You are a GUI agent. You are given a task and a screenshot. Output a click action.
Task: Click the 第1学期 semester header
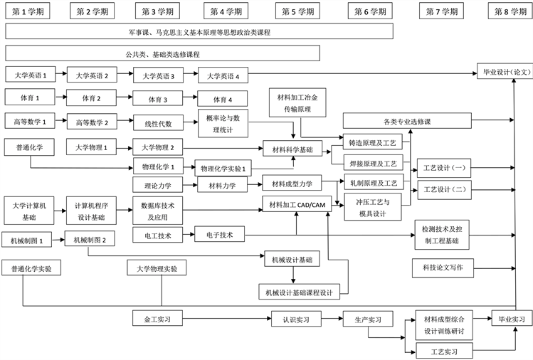(x=29, y=11)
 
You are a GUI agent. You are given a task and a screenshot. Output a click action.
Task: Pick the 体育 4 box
(x=223, y=99)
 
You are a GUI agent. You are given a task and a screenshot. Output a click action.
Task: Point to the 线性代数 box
(x=158, y=123)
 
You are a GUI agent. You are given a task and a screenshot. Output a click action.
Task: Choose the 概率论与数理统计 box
(x=223, y=123)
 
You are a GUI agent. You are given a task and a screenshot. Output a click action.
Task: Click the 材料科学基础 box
(x=292, y=149)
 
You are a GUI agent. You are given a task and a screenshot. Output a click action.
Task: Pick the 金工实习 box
(x=157, y=318)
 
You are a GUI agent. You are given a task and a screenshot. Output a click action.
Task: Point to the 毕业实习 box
(x=511, y=319)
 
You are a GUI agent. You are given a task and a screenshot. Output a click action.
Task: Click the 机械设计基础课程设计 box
(x=299, y=292)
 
